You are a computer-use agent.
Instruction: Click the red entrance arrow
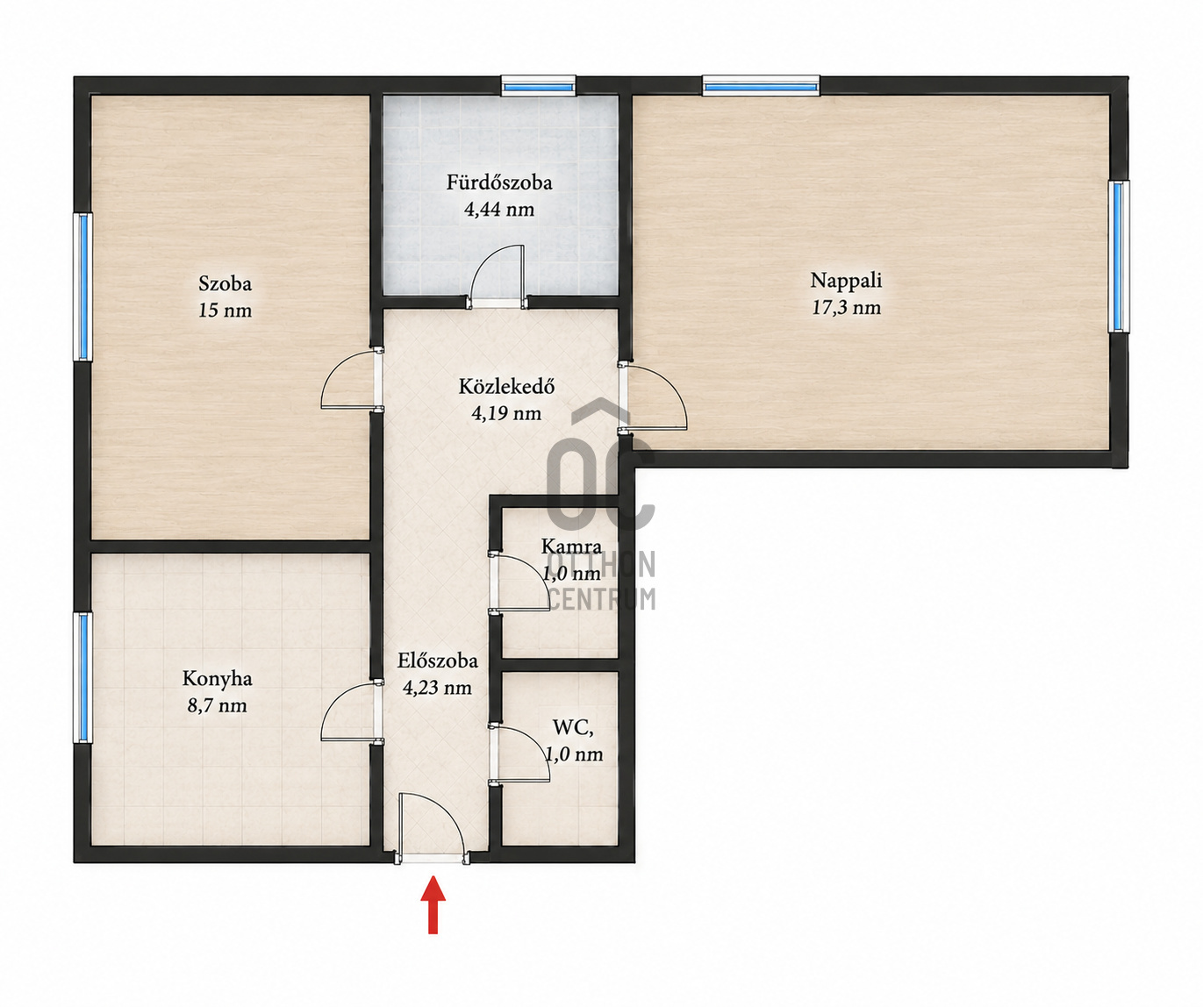point(433,903)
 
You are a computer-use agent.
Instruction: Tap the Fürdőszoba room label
point(499,182)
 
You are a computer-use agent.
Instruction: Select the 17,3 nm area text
point(847,308)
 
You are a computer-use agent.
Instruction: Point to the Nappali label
point(846,281)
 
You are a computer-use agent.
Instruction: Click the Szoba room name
point(226,283)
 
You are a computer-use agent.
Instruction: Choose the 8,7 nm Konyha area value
point(218,706)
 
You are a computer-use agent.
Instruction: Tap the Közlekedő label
point(506,386)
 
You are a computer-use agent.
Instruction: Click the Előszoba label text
point(438,661)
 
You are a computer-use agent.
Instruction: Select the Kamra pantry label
point(571,546)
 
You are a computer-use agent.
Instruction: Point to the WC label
point(573,727)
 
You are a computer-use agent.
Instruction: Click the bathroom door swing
point(498,275)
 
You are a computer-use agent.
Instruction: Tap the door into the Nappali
point(654,397)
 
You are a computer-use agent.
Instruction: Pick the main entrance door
point(432,828)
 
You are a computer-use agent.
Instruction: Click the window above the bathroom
point(538,87)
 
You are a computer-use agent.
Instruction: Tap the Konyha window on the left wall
point(82,677)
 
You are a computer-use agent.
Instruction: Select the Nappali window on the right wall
point(1119,256)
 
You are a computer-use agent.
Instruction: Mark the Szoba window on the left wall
point(82,287)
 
